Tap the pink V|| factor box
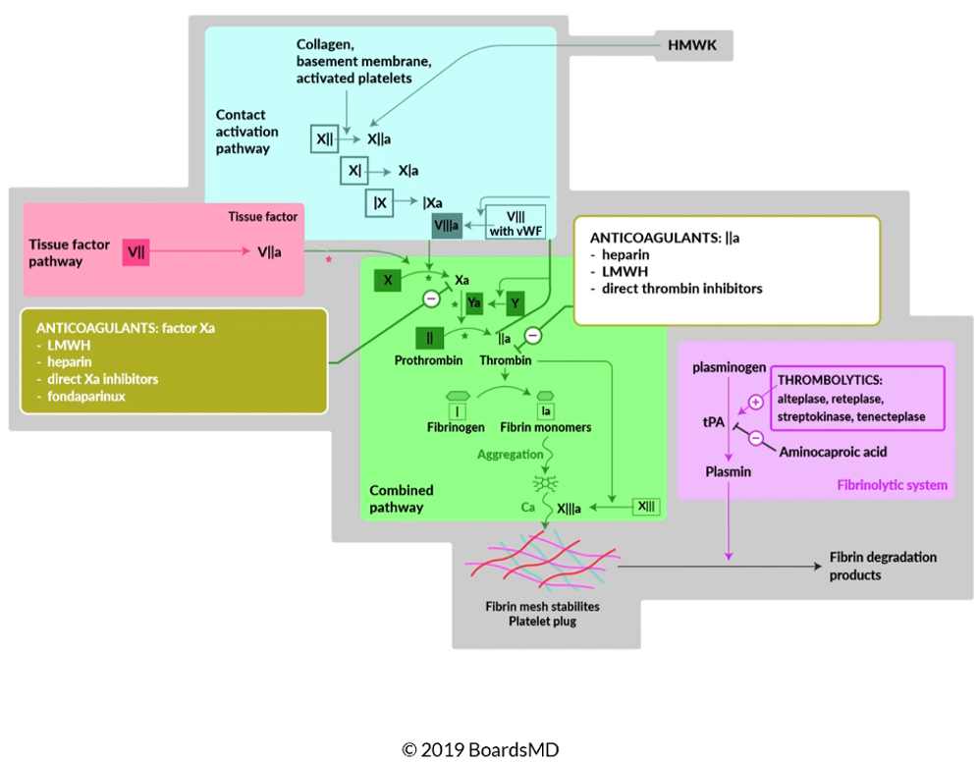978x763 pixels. pos(136,251)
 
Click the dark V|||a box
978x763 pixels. pos(445,225)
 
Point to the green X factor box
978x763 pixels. pos(388,280)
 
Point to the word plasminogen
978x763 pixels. pos(730,366)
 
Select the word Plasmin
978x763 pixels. pos(729,472)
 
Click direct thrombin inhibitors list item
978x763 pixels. pos(682,290)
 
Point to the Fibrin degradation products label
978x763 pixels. pos(883,566)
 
